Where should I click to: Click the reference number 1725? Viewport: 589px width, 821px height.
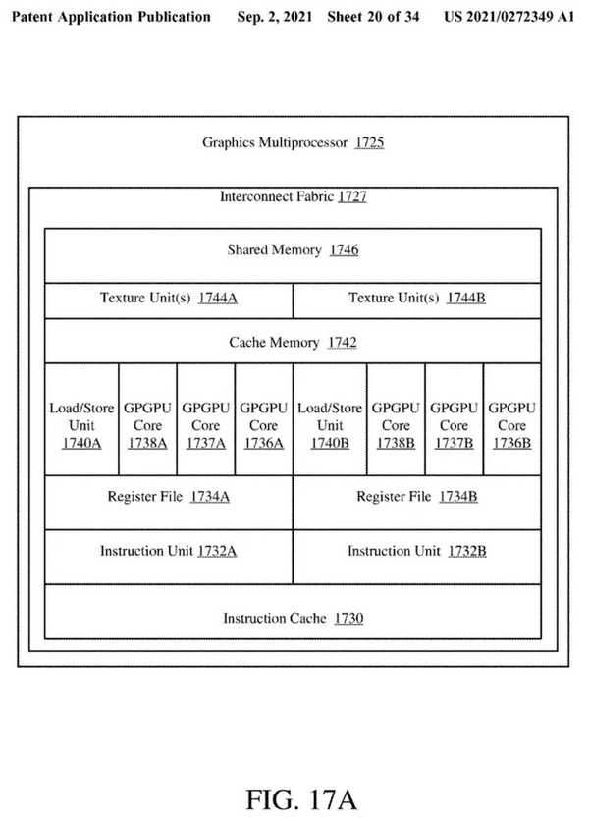(370, 143)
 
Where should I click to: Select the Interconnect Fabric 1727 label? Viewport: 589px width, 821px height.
(293, 197)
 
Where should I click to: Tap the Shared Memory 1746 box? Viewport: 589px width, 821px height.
(293, 250)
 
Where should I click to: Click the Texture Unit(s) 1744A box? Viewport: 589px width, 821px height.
(169, 299)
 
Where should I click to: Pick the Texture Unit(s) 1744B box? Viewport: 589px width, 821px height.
(416, 299)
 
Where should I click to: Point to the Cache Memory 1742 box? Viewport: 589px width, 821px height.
(293, 343)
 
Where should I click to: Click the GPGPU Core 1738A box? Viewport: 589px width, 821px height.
(147, 425)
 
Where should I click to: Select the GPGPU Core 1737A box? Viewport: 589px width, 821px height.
(205, 425)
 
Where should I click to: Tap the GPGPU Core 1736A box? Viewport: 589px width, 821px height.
(263, 425)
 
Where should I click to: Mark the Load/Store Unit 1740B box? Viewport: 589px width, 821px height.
(330, 425)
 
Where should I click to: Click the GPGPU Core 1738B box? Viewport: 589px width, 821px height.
(396, 425)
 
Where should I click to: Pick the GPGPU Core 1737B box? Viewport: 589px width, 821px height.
(454, 425)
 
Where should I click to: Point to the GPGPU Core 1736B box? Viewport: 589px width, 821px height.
(511, 425)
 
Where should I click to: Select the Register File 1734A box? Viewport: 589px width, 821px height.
(169, 497)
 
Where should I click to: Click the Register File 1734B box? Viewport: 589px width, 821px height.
(416, 497)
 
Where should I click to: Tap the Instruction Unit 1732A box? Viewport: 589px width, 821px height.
(169, 552)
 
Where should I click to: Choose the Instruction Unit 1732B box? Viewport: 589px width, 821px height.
(416, 552)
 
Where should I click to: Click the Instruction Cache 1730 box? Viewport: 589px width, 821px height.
(293, 618)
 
